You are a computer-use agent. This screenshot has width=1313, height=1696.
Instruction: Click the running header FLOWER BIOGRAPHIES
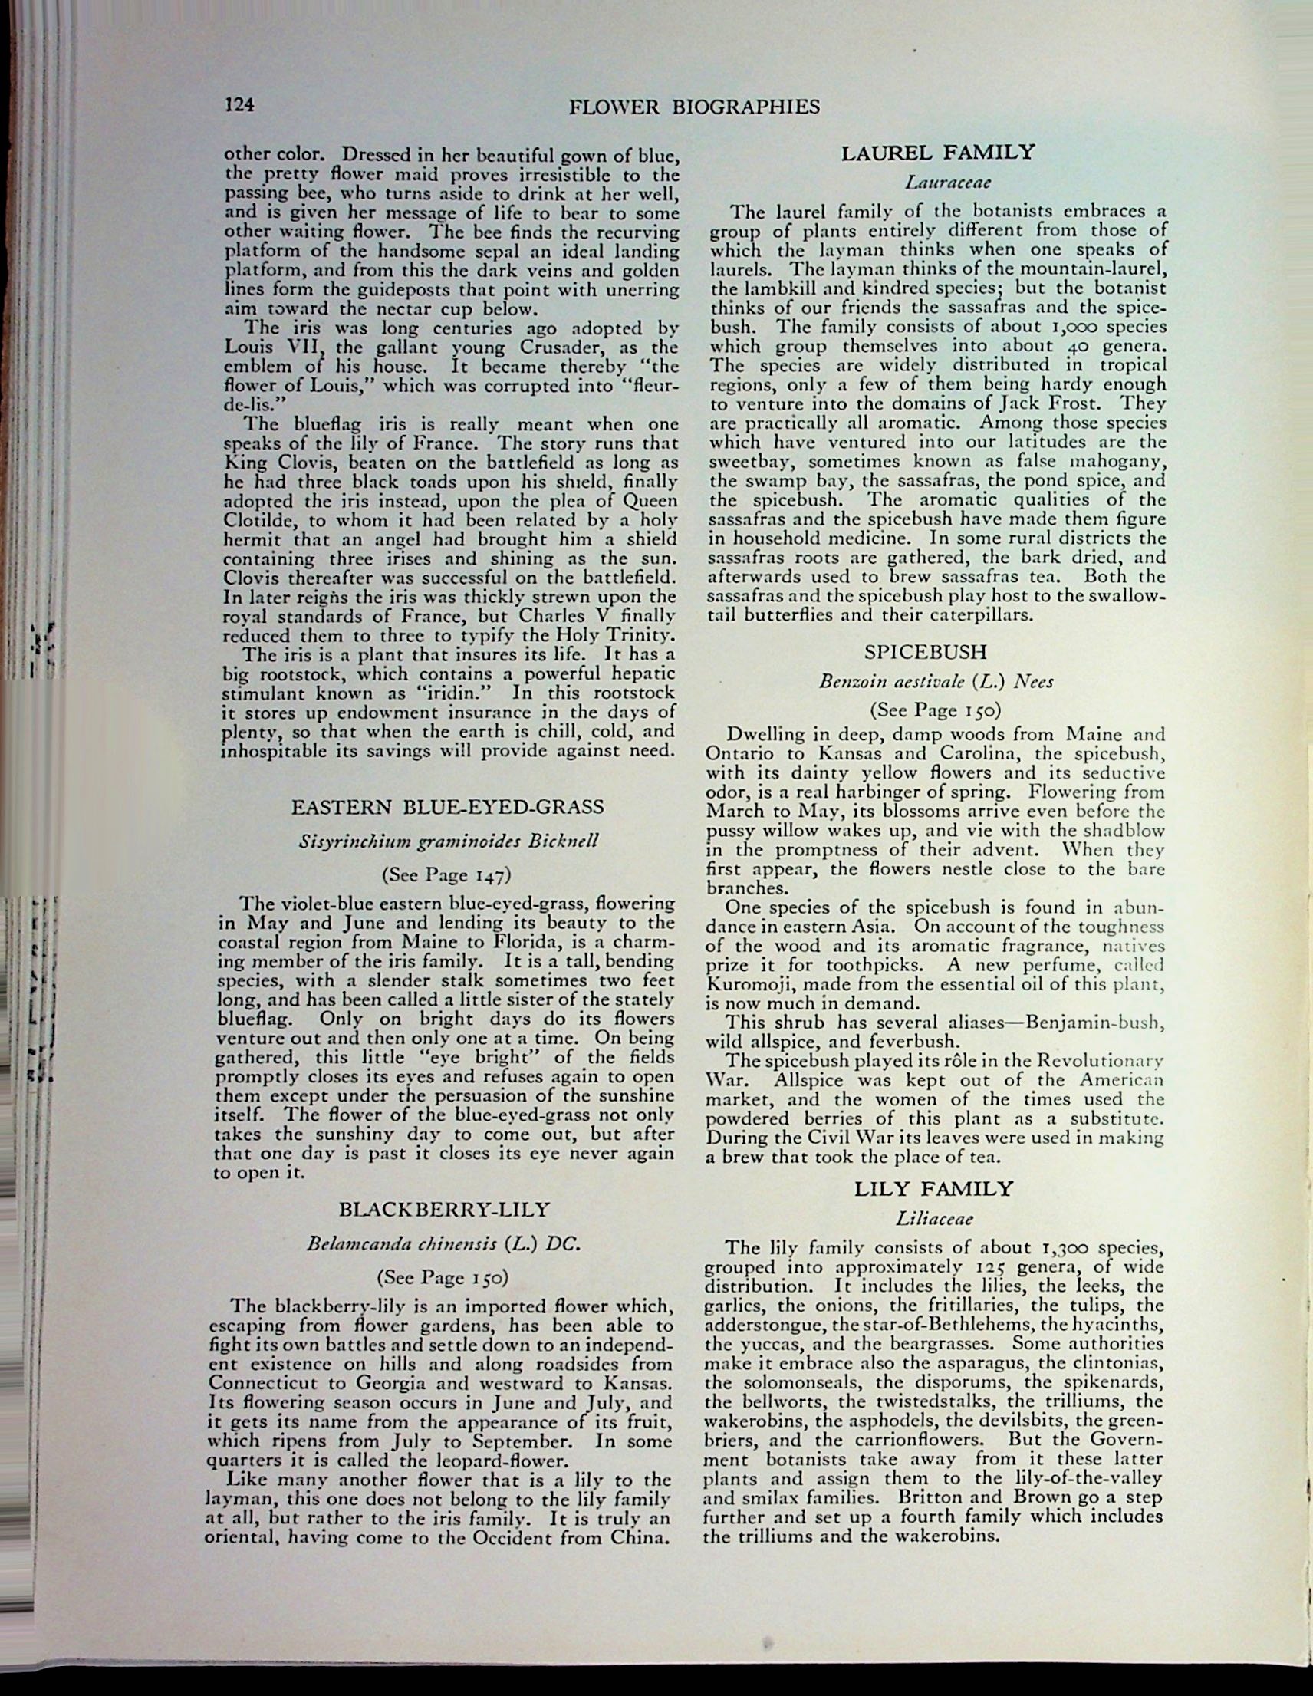(x=694, y=107)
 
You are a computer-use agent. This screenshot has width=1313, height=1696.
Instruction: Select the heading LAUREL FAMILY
(x=938, y=152)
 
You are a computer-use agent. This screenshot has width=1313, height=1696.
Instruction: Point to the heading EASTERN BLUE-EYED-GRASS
(x=447, y=807)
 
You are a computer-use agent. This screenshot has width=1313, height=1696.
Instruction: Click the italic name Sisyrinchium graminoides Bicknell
(x=449, y=841)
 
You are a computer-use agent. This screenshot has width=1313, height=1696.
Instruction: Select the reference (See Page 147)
(x=446, y=875)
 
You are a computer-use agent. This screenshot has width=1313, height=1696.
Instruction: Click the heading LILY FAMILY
(x=934, y=1189)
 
